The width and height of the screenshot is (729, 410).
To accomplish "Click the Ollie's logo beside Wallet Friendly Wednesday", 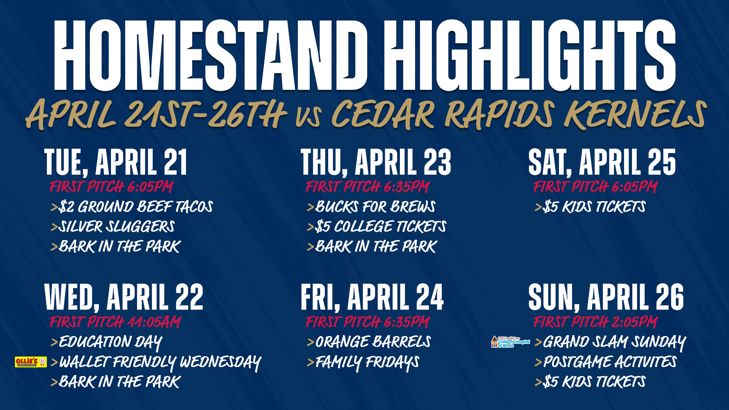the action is [31, 362].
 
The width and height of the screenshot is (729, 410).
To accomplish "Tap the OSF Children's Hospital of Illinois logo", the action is [510, 342].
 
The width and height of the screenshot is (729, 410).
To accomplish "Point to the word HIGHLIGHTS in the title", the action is [530, 55].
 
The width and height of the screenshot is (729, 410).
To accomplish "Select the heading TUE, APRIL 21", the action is [116, 162].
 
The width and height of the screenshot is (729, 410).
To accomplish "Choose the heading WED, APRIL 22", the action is [124, 297].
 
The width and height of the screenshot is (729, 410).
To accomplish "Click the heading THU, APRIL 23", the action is [376, 162].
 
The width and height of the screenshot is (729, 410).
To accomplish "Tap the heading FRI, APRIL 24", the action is [372, 297].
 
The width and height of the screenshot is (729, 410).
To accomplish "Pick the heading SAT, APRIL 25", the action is [602, 162].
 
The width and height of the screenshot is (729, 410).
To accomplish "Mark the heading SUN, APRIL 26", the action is [606, 297].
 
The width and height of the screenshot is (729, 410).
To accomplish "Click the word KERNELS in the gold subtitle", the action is [636, 115].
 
